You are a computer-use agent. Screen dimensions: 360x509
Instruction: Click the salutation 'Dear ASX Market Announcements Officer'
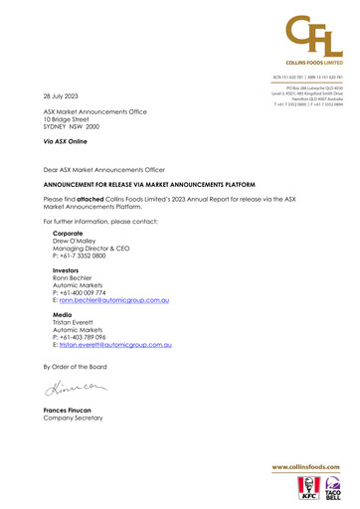(104, 170)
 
